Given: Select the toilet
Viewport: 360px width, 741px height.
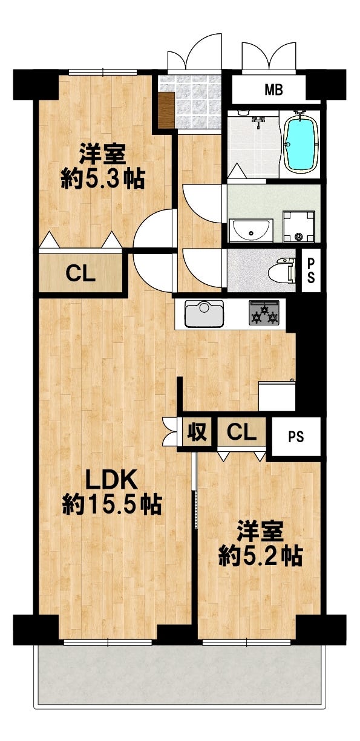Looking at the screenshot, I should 284,270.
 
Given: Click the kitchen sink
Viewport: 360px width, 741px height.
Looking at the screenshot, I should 204,313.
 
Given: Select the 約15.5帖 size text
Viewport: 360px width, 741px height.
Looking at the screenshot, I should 112,504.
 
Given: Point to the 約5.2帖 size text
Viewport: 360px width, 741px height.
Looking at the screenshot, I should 260,557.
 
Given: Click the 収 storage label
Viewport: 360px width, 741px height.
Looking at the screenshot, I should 197,433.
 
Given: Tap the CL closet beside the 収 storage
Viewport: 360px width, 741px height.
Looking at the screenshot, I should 242,433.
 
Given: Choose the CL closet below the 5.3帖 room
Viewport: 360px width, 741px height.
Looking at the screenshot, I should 80,274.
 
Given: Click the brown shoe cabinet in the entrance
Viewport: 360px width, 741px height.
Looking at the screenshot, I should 166,109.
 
